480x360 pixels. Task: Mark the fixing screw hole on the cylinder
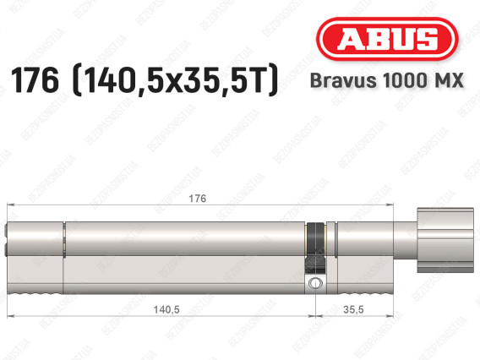tap(316, 283)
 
